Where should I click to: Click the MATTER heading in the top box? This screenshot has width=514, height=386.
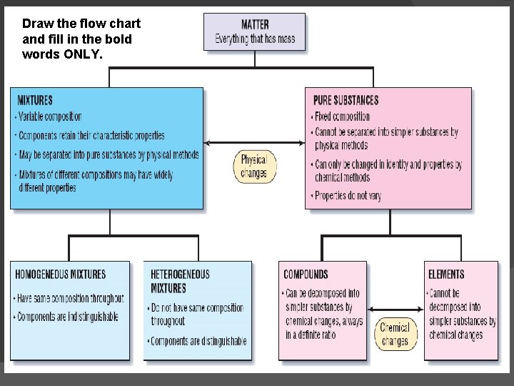(255, 24)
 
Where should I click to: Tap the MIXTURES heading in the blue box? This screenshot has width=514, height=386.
(35, 100)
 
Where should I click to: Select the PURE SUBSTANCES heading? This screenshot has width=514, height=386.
(346, 100)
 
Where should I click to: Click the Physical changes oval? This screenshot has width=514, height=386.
(253, 166)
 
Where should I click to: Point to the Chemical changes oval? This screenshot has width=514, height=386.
(394, 334)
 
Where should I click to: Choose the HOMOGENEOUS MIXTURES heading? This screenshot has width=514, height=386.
(61, 274)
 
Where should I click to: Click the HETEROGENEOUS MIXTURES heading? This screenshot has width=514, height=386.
(180, 281)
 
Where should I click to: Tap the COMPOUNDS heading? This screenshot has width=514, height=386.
(306, 274)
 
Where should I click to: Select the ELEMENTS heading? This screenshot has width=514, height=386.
(445, 274)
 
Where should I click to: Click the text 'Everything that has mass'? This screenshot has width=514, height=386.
(255, 39)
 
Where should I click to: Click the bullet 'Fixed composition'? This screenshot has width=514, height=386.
(342, 117)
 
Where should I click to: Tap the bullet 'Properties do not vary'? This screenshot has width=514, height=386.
(348, 195)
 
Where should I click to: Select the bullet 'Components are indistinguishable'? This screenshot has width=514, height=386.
(67, 317)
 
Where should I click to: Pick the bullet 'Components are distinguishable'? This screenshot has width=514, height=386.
(198, 341)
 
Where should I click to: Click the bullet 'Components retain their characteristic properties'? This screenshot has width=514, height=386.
(91, 135)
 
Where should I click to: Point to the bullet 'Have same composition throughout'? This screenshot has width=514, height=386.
(70, 298)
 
